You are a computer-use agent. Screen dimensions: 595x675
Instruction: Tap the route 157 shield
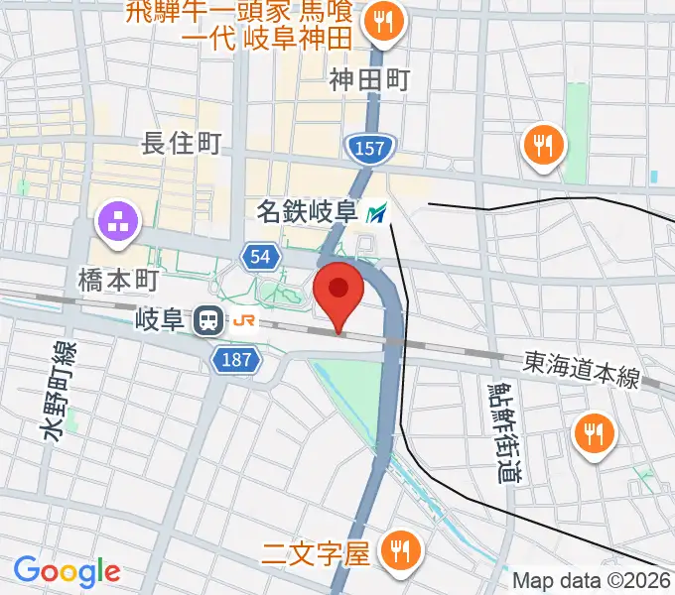(371, 149)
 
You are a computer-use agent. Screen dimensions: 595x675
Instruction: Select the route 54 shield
(259, 257)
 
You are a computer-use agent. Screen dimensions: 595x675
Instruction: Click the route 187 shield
(236, 361)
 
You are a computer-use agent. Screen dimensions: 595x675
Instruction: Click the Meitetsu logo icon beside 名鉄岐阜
(377, 212)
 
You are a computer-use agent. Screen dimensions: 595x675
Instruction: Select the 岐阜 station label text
(160, 320)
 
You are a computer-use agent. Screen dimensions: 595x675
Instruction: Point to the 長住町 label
(182, 144)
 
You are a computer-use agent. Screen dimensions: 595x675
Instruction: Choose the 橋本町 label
(118, 281)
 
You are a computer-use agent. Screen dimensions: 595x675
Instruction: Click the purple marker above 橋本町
(118, 221)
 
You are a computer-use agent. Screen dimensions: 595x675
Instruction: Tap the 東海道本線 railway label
(583, 369)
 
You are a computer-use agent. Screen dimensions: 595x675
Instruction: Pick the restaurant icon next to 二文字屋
(403, 549)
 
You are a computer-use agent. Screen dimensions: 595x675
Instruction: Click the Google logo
(67, 571)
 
